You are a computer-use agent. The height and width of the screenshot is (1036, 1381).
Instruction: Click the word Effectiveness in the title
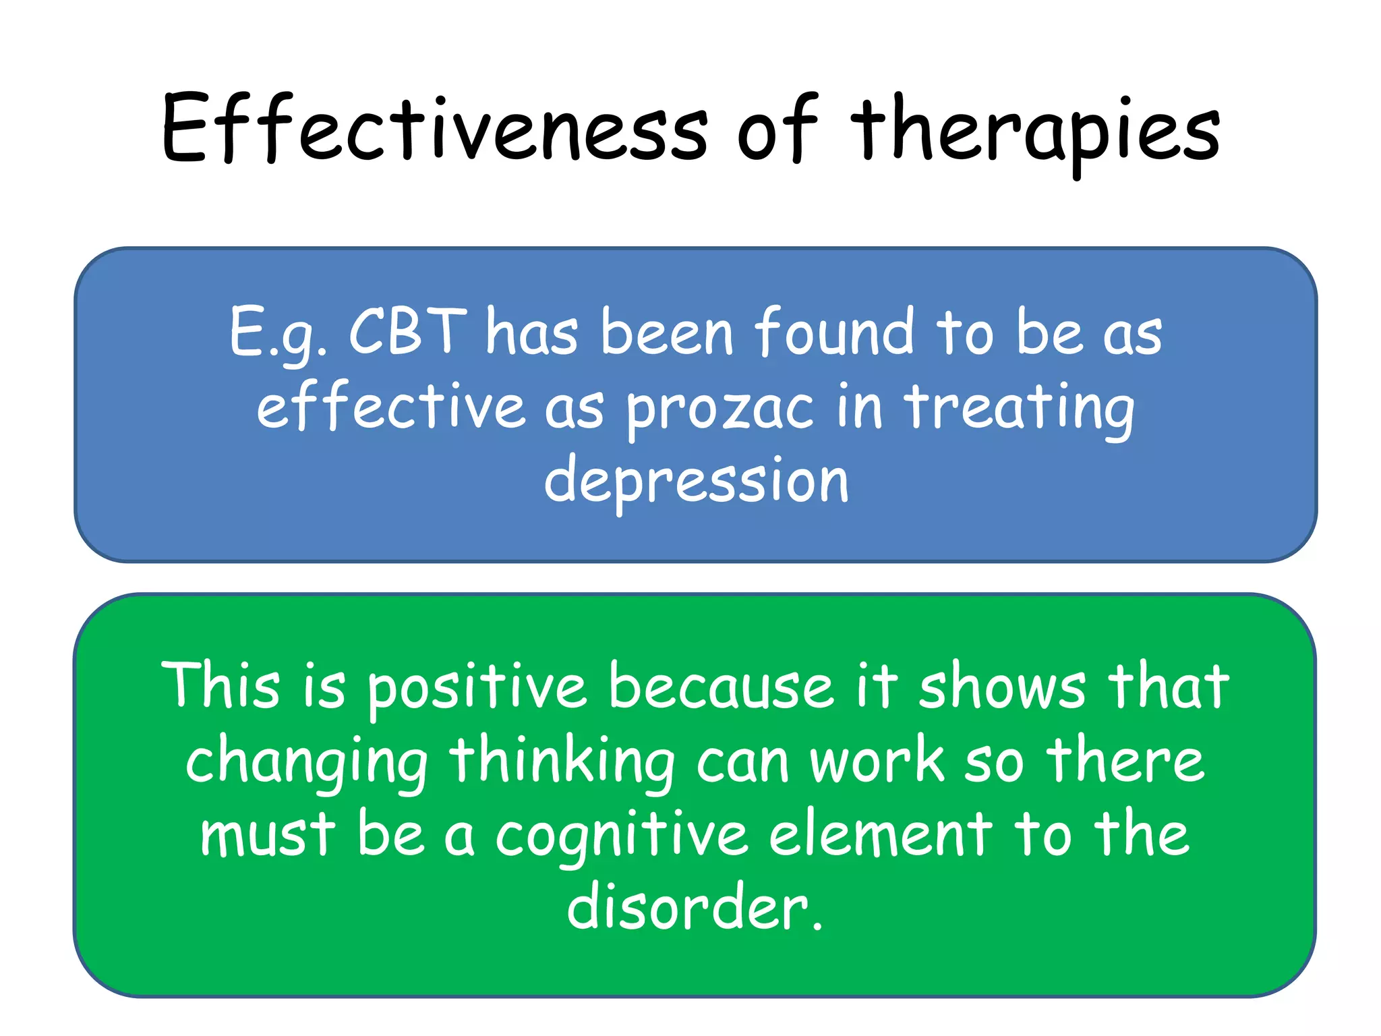435,128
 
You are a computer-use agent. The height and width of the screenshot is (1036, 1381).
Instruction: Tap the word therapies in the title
1035,132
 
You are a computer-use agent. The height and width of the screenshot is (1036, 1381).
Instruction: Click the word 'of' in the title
775,128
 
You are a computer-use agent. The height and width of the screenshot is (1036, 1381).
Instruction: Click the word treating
1020,408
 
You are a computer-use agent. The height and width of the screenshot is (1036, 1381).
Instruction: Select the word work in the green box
877,762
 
